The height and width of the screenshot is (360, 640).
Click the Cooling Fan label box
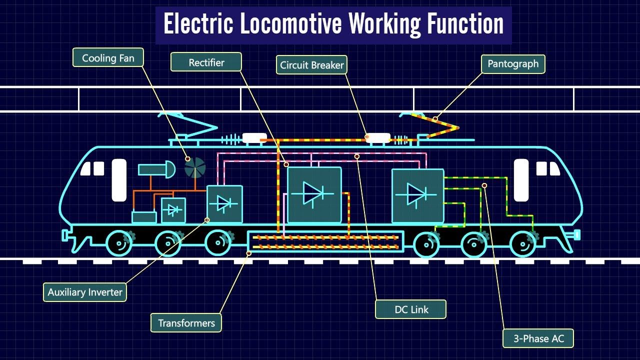[x=108, y=58]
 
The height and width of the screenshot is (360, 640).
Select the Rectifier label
[x=206, y=62]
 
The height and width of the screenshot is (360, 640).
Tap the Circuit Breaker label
[x=311, y=65]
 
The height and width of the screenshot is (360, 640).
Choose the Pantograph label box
[x=513, y=64]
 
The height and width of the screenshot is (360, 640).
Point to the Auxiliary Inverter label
[x=85, y=292]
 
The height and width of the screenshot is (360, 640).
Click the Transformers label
[x=186, y=323]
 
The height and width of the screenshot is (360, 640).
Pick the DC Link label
[x=411, y=309]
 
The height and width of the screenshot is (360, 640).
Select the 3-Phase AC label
[x=538, y=338]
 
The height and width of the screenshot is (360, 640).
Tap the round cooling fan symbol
[x=195, y=168]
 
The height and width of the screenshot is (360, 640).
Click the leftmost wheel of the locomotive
[x=119, y=244]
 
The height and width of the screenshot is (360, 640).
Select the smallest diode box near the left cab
[x=173, y=210]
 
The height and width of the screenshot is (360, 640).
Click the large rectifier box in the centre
[x=314, y=194]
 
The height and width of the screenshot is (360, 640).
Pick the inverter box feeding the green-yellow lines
[x=417, y=195]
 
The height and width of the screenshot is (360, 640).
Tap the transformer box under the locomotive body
[x=325, y=241]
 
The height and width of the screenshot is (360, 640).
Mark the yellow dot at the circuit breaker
[x=367, y=136]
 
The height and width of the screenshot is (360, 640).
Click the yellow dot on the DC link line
[x=357, y=156]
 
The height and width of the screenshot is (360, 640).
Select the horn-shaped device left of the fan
[x=157, y=170]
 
